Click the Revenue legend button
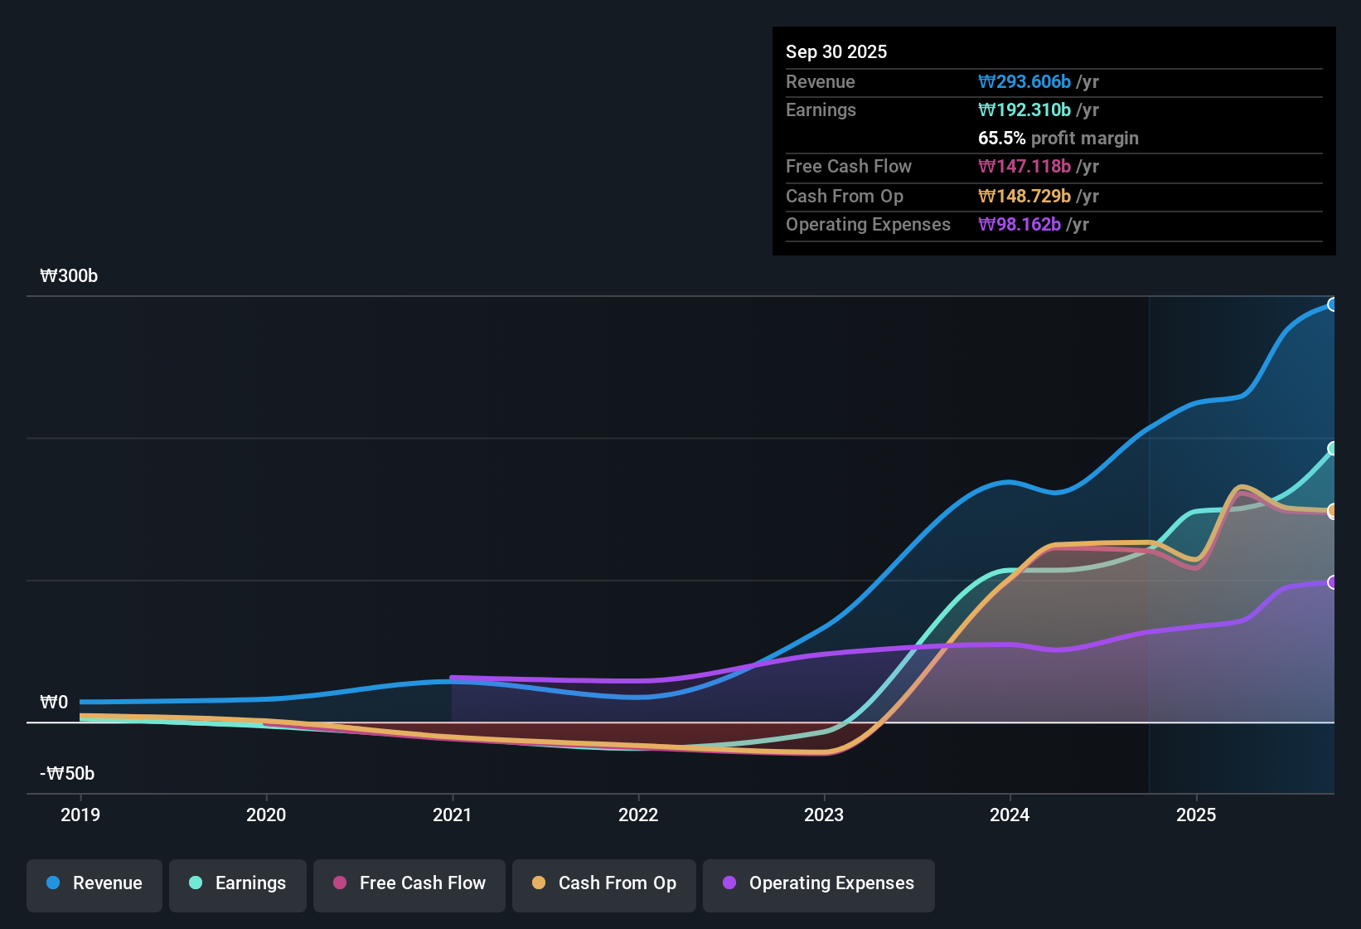click(x=94, y=883)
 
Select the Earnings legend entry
click(x=238, y=883)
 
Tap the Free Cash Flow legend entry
click(x=409, y=883)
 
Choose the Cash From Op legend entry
click(x=604, y=883)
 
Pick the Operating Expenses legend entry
click(x=819, y=883)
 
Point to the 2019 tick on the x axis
click(x=80, y=815)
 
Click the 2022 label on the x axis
click(x=638, y=815)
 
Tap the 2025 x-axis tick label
click(x=1196, y=815)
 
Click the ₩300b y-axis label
click(x=69, y=276)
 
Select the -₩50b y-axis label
click(x=67, y=774)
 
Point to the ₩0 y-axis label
click(x=54, y=703)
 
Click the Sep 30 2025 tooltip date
click(x=836, y=51)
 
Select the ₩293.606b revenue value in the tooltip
click(x=1024, y=81)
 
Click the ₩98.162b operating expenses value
click(x=1020, y=224)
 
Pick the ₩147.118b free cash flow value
click(x=1024, y=166)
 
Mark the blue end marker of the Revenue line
click(x=1332, y=304)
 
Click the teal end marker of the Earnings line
click(x=1332, y=449)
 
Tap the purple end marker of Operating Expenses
click(x=1332, y=582)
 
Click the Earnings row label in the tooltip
click(x=821, y=109)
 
